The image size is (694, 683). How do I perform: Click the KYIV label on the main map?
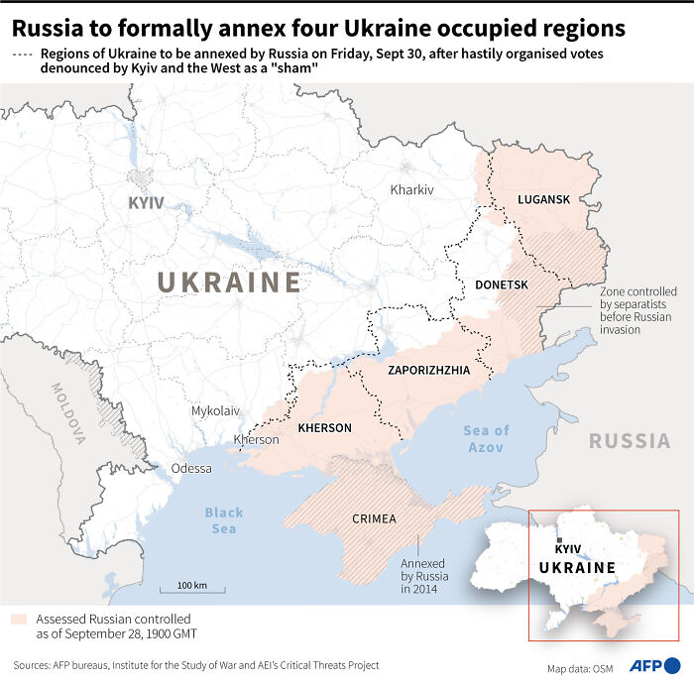tap(147, 203)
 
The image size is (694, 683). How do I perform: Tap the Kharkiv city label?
tap(412, 189)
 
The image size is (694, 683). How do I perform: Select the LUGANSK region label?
tap(544, 199)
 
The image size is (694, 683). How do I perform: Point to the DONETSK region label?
tap(503, 285)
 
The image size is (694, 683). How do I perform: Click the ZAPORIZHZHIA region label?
tap(428, 371)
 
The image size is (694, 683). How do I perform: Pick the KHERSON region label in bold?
tap(324, 428)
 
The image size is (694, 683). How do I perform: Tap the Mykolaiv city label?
tap(215, 409)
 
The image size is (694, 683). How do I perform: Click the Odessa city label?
tap(191, 468)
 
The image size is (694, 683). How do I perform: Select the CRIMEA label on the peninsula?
tap(374, 518)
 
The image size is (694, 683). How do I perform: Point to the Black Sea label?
tap(223, 520)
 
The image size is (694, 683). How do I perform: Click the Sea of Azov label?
tap(486, 439)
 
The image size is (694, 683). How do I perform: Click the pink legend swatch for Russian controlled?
tap(19, 619)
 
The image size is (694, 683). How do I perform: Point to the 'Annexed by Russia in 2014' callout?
tap(424, 576)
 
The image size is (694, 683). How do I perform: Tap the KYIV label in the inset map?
tap(567, 548)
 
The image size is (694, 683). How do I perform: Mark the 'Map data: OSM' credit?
tap(579, 666)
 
